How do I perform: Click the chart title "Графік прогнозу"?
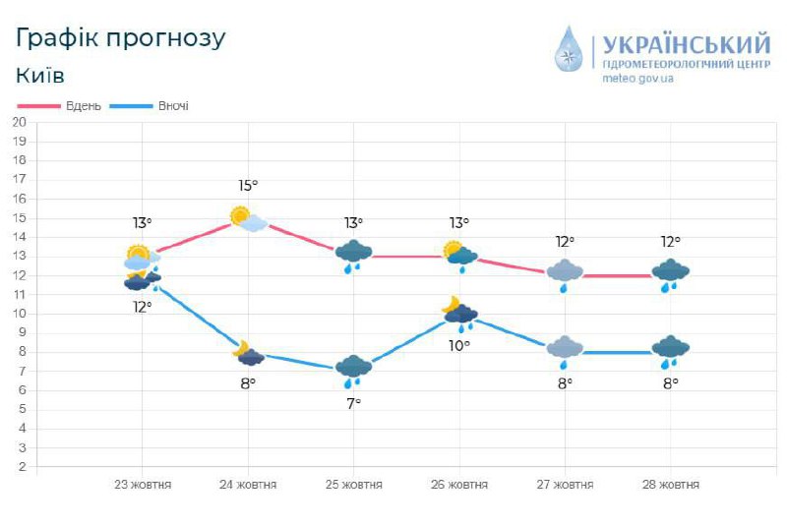point(121,38)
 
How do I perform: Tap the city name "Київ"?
point(40,76)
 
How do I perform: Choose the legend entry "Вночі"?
point(173,106)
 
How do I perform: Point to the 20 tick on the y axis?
point(19,122)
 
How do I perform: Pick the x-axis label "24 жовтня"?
point(248,485)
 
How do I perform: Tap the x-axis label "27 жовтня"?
point(565,485)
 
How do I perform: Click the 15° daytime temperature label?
point(248,185)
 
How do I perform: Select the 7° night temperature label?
point(353,403)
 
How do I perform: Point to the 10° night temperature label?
point(459,345)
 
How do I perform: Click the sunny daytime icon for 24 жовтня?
point(247,218)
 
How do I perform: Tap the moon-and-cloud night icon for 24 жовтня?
point(248,353)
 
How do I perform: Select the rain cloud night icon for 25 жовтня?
point(353,370)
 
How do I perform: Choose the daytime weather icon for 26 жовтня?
point(459,255)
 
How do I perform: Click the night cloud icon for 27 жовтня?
point(565,350)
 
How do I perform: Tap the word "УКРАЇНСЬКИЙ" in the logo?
point(686,45)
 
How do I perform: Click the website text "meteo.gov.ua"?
point(637,79)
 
